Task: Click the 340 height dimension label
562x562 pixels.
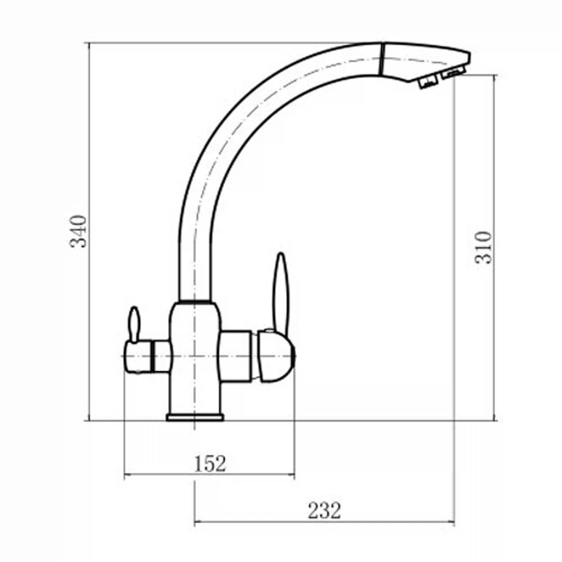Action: coord(78,231)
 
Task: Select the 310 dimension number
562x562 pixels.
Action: coord(483,248)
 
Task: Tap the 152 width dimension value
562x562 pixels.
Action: coord(210,464)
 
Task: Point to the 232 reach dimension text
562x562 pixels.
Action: coord(325,511)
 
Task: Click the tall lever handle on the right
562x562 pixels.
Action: coord(280,294)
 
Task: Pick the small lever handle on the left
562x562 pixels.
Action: coord(134,324)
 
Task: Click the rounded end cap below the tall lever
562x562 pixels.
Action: coord(276,356)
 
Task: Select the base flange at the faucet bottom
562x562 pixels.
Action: coord(195,417)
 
